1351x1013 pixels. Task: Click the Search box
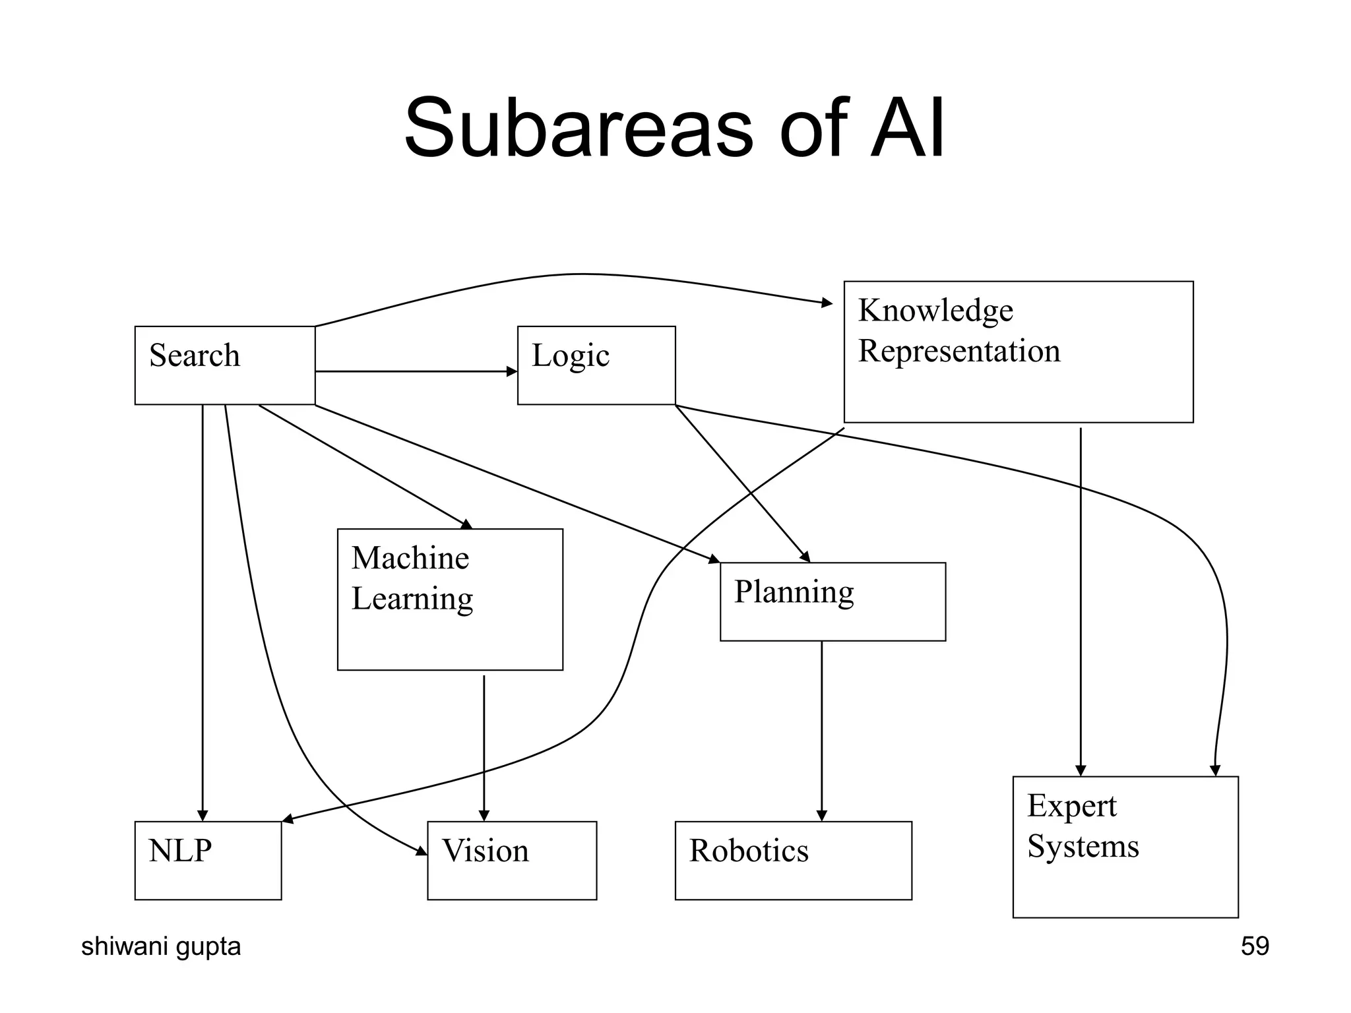coord(224,365)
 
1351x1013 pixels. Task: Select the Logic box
coord(596,365)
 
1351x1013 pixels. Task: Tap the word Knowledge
coord(935,310)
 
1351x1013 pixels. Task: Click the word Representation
coord(958,351)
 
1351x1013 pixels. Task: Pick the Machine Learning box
coord(450,599)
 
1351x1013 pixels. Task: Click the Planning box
coord(833,601)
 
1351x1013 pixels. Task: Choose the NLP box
coord(208,860)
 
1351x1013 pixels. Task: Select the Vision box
coord(512,860)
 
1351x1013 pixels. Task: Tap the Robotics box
coord(793,860)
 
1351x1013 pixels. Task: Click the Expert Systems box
coord(1125,847)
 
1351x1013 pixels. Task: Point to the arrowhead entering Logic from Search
coord(512,371)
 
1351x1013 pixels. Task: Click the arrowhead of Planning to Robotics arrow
coord(821,815)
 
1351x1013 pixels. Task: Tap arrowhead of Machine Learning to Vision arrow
coord(484,815)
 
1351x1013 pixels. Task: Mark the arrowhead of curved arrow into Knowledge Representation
coord(827,303)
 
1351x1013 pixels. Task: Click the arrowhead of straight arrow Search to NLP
coord(203,815)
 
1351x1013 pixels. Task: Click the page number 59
coord(1254,946)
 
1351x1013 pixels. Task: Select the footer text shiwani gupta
coord(161,946)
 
